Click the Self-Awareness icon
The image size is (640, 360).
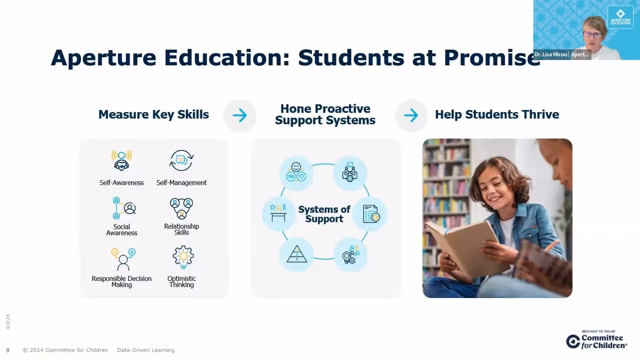121,160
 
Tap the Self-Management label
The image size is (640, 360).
181,183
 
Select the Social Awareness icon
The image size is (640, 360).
123,208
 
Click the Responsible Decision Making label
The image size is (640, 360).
121,281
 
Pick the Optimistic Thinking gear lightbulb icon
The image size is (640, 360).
183,257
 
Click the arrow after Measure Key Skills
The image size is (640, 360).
239,115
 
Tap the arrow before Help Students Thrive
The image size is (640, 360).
411,115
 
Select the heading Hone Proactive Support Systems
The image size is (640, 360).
325,114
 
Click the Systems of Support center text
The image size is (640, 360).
324,214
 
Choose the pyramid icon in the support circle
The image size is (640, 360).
296,254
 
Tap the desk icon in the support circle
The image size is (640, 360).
278,213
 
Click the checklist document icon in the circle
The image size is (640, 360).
370,213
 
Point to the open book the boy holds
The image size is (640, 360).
462,247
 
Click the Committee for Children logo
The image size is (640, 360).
596,340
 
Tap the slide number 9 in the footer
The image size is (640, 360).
7,350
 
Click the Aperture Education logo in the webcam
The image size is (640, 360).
620,17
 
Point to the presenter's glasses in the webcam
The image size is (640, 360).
592,35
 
